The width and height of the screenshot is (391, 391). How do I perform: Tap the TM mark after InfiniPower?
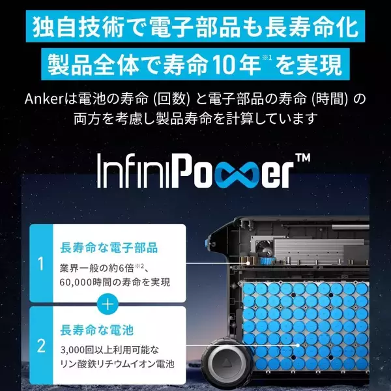pos(303,158)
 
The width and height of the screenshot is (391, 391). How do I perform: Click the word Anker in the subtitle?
pos(44,99)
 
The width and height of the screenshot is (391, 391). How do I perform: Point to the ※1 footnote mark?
pos(267,58)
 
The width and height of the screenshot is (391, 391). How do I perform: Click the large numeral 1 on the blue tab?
pos(40,264)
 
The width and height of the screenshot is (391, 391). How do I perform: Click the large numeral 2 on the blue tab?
pos(41,346)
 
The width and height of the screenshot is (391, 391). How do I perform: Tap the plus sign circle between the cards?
pos(108,304)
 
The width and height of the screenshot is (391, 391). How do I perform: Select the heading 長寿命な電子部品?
pos(109,248)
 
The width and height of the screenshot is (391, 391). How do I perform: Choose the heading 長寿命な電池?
pos(96,330)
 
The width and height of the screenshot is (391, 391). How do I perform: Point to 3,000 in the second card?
pos(72,351)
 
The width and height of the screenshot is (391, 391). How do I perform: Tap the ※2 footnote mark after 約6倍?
pos(139,266)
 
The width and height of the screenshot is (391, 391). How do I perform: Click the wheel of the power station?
pos(224,362)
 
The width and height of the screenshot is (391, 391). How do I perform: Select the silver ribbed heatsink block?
pos(320,251)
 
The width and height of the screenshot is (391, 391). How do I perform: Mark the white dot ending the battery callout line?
pos(298,345)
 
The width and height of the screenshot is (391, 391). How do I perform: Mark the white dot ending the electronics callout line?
pos(248,263)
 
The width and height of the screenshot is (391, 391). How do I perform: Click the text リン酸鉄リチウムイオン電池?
pos(117,364)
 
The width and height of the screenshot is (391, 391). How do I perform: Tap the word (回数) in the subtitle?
pos(172,99)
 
